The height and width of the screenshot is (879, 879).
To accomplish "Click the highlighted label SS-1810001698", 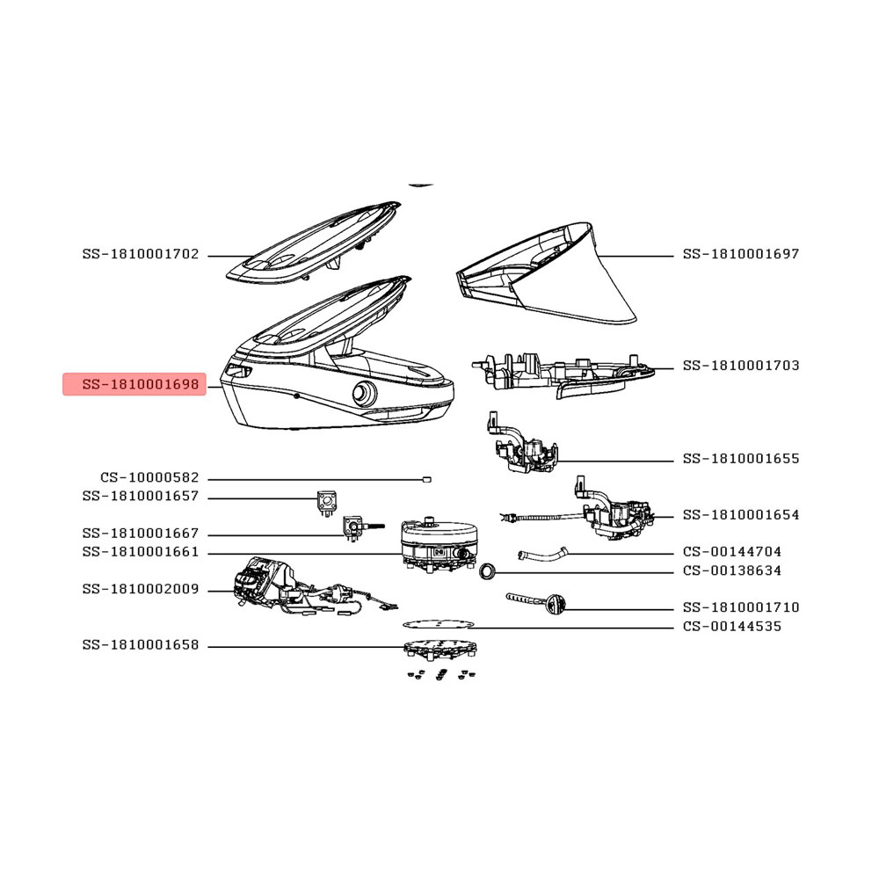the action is pyautogui.click(x=140, y=385).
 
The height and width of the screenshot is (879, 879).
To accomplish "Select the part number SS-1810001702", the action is pyautogui.click(x=140, y=255).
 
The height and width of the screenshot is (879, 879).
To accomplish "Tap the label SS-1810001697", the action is pyautogui.click(x=740, y=254).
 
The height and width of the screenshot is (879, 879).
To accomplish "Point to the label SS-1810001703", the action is pyautogui.click(x=740, y=366).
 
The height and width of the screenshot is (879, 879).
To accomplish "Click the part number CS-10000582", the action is pyautogui.click(x=149, y=477).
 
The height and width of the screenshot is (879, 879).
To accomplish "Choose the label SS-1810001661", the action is pyautogui.click(x=140, y=552).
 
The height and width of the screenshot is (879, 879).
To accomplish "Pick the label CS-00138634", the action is pyautogui.click(x=731, y=570).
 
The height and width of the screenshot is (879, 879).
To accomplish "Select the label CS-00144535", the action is pyautogui.click(x=731, y=626).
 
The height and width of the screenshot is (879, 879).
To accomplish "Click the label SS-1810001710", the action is pyautogui.click(x=740, y=607).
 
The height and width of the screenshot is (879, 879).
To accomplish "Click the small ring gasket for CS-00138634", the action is pyautogui.click(x=488, y=572).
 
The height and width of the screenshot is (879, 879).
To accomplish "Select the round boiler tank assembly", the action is pyautogui.click(x=438, y=545).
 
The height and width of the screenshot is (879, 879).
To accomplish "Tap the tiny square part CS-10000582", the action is pyautogui.click(x=426, y=479).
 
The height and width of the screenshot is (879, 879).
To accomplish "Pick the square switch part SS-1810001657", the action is pyautogui.click(x=327, y=502).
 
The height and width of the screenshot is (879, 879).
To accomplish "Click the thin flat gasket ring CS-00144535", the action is pyautogui.click(x=437, y=624).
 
